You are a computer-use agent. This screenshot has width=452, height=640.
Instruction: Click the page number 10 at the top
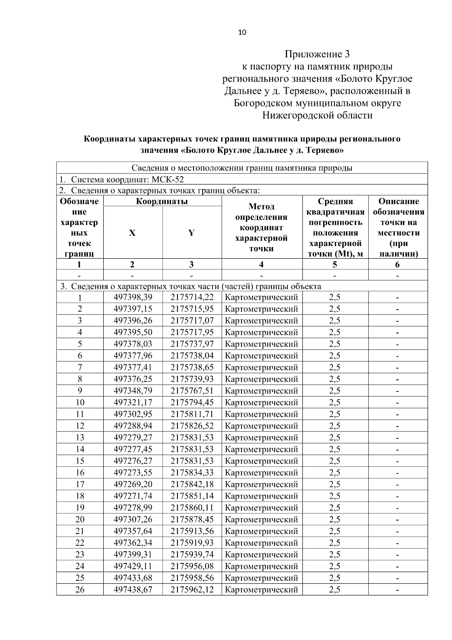pos(242,32)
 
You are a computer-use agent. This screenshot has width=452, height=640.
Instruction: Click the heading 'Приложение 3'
pos(317,54)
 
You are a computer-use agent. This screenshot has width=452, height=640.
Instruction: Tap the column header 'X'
pos(132,233)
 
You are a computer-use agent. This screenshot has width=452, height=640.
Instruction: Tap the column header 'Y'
pos(191,233)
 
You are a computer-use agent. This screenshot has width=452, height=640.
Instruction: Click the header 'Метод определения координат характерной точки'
pos(261,227)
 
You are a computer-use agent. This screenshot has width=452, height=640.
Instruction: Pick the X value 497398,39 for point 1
pos(133,297)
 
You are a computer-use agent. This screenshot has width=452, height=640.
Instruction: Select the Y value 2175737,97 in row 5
pos(192,344)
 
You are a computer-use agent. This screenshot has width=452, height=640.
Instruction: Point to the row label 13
pos(80,437)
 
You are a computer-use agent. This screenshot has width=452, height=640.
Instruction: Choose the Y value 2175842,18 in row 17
pos(192,484)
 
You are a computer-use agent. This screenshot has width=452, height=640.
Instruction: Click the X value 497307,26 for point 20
pos(133,519)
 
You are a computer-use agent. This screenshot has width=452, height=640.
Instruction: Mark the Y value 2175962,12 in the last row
pos(192,589)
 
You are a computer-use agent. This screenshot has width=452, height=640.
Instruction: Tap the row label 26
pos(80,589)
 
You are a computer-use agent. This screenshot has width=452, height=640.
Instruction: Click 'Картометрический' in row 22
pos(261,543)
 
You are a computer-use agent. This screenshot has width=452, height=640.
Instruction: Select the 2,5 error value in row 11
pos(334,414)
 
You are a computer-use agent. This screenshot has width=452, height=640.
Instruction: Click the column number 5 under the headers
pos(334,264)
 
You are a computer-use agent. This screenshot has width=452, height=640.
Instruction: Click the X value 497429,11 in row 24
pos(133,566)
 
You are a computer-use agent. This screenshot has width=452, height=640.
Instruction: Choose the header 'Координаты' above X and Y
pos(162,201)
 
